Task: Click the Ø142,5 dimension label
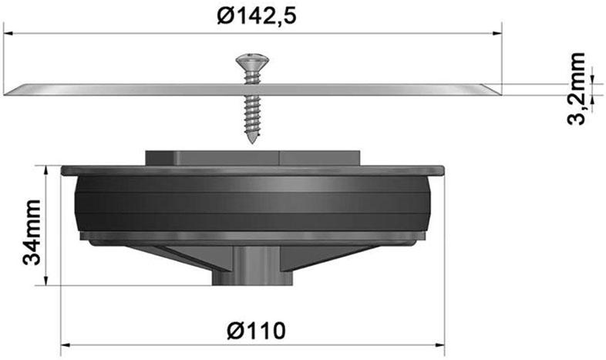[x=257, y=16]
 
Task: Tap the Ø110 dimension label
[x=257, y=331]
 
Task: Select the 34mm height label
[x=32, y=232]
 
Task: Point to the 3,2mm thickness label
[x=577, y=89]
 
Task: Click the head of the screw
[x=252, y=62]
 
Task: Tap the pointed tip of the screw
[x=252, y=141]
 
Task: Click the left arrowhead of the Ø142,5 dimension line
[x=8, y=34]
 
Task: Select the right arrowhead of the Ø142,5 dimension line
[x=497, y=34]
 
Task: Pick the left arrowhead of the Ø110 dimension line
[x=66, y=344]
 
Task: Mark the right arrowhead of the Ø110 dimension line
[x=439, y=344]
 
